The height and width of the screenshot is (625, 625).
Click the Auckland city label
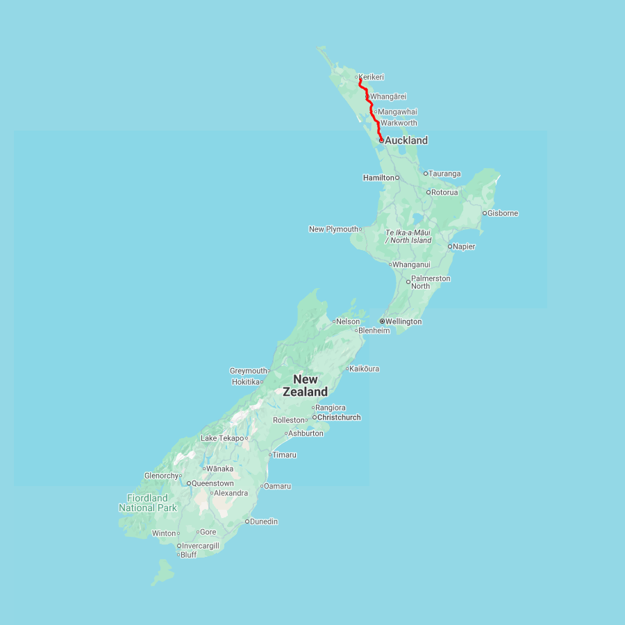click(x=406, y=140)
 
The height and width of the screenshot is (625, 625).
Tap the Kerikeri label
click(x=372, y=77)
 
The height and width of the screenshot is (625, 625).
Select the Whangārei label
click(x=388, y=97)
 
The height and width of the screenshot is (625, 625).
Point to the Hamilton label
click(x=378, y=178)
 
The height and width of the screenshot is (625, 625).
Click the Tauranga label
click(x=444, y=174)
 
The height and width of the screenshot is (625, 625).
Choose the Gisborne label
click(x=503, y=213)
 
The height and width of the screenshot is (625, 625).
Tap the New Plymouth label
click(x=333, y=229)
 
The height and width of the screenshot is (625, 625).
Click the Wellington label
click(x=403, y=322)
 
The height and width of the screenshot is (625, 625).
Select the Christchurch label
click(x=339, y=417)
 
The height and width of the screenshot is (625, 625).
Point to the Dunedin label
click(x=264, y=522)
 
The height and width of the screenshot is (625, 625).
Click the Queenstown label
click(x=212, y=483)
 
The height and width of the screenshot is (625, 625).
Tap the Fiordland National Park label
click(x=147, y=503)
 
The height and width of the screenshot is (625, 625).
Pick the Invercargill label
click(x=200, y=546)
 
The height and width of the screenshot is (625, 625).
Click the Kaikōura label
click(x=365, y=369)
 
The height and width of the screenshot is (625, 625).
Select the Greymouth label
click(x=248, y=371)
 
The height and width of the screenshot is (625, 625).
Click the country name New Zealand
click(x=306, y=385)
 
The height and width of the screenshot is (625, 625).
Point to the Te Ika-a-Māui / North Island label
click(x=408, y=236)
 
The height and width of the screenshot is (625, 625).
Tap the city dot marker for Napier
click(x=450, y=247)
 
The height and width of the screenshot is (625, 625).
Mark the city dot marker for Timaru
click(x=270, y=455)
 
